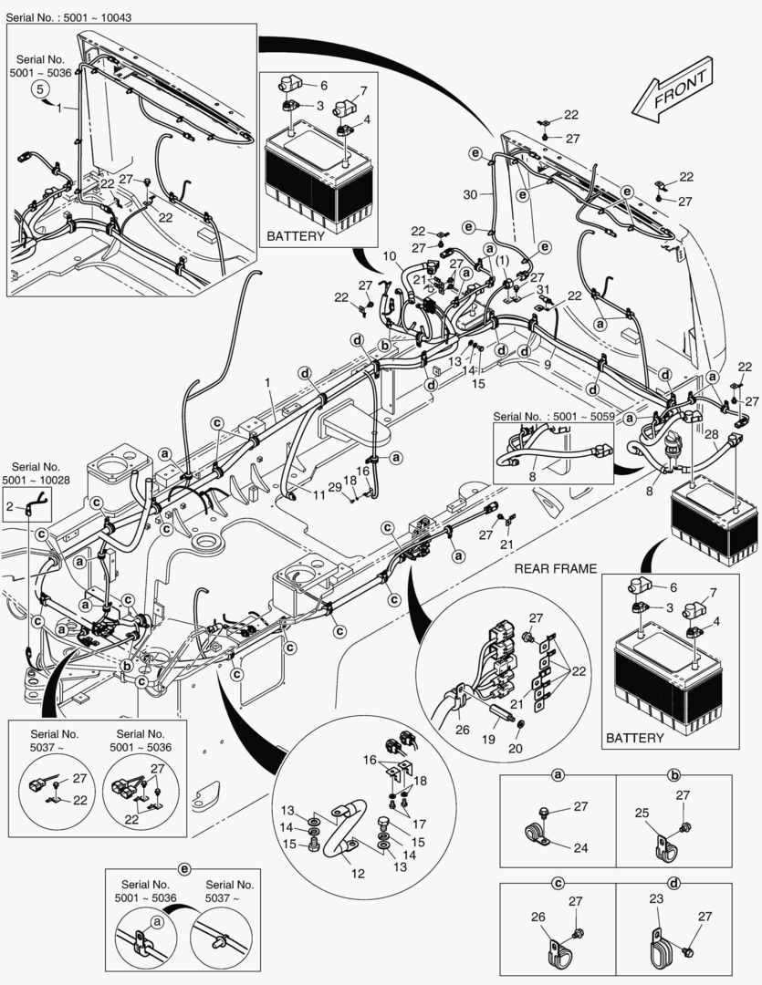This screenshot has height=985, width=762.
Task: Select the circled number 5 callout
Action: click(x=40, y=88)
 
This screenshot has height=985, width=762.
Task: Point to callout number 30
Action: click(x=470, y=194)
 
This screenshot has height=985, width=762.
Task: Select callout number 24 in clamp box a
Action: click(x=581, y=847)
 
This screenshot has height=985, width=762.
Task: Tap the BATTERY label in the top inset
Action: click(x=295, y=236)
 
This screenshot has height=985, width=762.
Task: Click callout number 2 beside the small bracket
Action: click(x=10, y=504)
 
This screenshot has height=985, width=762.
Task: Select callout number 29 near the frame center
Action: click(x=335, y=488)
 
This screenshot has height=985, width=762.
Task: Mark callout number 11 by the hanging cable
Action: click(x=318, y=494)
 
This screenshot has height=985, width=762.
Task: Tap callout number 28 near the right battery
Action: click(x=711, y=434)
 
